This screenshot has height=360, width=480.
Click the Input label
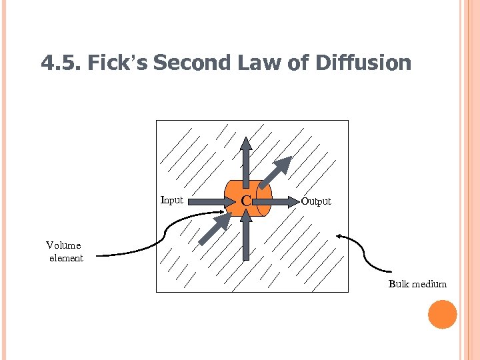(172, 200)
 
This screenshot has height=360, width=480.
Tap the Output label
(315, 201)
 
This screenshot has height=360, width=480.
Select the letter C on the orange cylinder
(246, 201)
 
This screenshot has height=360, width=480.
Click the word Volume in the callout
(63, 245)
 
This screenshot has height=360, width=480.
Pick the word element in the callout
(66, 258)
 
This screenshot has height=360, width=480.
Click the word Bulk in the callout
(399, 285)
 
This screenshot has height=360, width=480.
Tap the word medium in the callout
(429, 285)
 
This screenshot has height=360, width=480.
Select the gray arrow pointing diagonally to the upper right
(275, 171)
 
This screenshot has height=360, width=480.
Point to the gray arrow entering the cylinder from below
(247, 237)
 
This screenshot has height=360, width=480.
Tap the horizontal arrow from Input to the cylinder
(208, 199)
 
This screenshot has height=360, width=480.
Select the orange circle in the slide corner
(442, 315)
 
